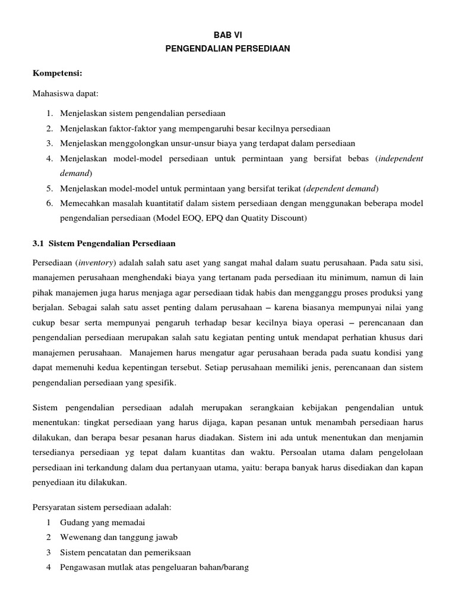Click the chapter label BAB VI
pyautogui.click(x=227, y=36)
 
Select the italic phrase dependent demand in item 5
pyautogui.click(x=341, y=189)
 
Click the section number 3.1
pyautogui.click(x=38, y=244)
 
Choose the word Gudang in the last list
pyautogui.click(x=74, y=522)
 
